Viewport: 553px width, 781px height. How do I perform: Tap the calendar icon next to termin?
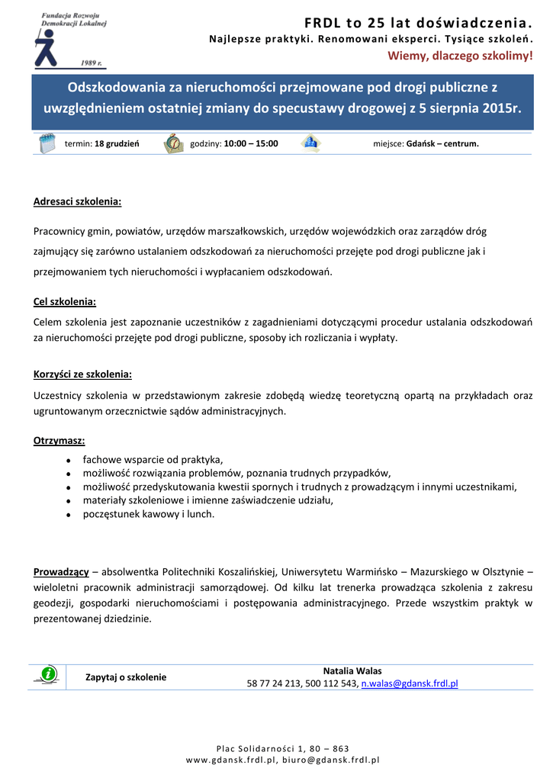point(48,143)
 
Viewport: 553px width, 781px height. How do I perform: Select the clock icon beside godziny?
point(173,143)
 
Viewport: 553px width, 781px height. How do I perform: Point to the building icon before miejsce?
point(310,143)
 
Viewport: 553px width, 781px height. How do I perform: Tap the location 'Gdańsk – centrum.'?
point(442,143)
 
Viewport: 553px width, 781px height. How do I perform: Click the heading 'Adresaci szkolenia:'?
point(78,202)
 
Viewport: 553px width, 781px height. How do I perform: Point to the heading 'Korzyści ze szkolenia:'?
point(82,374)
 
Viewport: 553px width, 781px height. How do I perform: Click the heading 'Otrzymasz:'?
point(59,441)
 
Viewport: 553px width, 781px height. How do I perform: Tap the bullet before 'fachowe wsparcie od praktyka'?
point(69,461)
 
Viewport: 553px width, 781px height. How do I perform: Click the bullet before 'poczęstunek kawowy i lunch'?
point(69,516)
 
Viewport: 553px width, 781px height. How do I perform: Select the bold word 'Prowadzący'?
point(61,571)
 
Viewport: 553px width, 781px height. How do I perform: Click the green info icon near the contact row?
point(48,673)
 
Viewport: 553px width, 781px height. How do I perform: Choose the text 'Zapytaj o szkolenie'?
point(126,677)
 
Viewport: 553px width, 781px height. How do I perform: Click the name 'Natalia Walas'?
point(352,671)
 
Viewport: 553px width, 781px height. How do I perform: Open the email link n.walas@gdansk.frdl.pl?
point(409,684)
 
